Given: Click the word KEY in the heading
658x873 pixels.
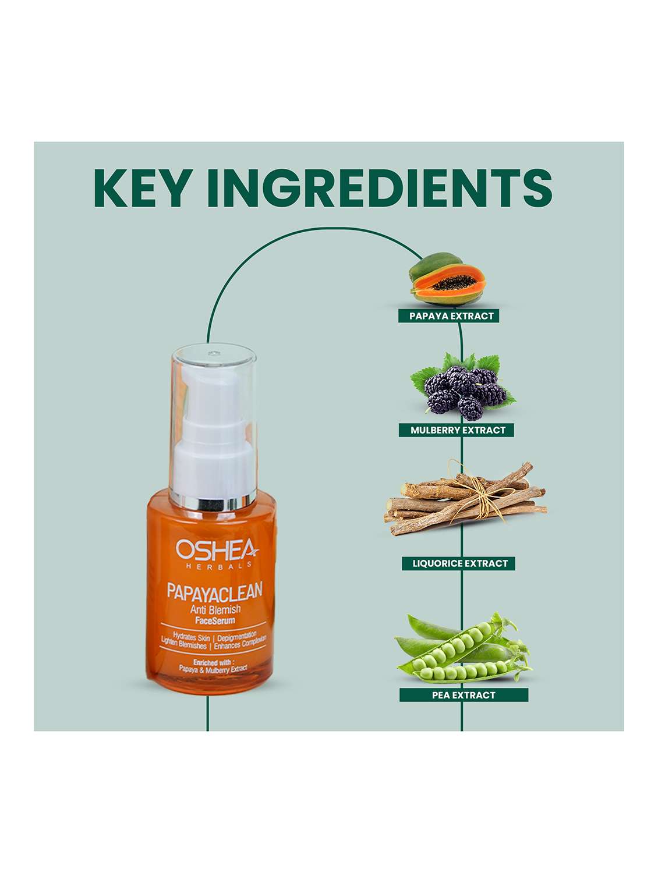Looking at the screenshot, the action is [x=140, y=188].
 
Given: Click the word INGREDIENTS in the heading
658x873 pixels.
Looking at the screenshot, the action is [x=380, y=188].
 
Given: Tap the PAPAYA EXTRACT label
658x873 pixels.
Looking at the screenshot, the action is [x=451, y=316].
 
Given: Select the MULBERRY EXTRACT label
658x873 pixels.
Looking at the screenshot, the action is [x=458, y=430].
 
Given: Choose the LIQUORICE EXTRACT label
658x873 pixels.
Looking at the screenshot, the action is [x=460, y=563].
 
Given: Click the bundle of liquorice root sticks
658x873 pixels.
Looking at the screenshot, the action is [x=465, y=497].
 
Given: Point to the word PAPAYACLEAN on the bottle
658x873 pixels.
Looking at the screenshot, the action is [x=214, y=590].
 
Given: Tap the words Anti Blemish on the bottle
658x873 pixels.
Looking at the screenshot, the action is [x=215, y=609].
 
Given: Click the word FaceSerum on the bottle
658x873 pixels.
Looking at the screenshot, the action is [x=215, y=620].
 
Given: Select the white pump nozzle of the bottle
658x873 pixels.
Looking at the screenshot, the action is [x=213, y=430].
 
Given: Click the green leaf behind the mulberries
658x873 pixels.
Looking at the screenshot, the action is [x=424, y=378].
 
